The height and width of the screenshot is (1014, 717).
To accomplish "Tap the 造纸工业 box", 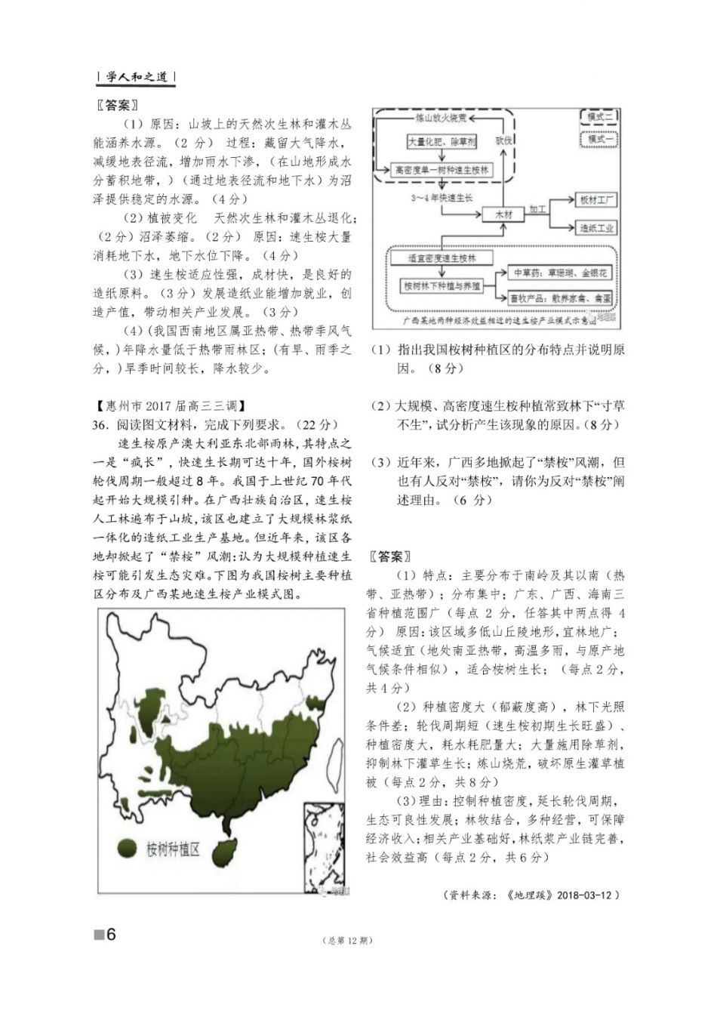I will (x=596, y=228).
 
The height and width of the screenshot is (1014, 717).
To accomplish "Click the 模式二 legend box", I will (x=600, y=117).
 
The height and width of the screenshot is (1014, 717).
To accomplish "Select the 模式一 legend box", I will (x=600, y=138).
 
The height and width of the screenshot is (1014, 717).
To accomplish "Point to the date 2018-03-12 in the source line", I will (x=588, y=895).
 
